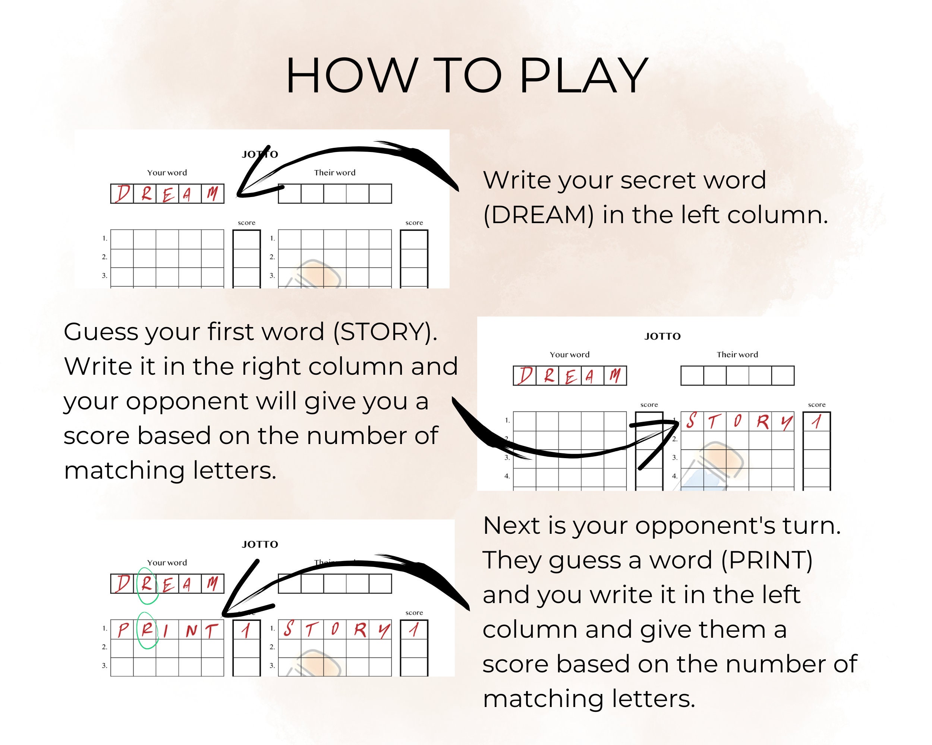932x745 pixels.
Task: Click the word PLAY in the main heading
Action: [x=583, y=76]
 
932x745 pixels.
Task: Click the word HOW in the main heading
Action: [x=351, y=76]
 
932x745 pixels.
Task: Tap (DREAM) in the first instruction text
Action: [x=538, y=215]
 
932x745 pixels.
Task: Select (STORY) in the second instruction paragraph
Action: [x=385, y=332]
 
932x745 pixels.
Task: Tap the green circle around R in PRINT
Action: [x=147, y=631]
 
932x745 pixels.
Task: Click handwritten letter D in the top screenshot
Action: [x=122, y=193]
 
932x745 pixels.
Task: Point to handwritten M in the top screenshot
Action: [x=212, y=193]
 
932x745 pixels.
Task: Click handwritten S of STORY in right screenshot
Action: [x=691, y=421]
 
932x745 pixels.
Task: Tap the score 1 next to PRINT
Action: [x=246, y=631]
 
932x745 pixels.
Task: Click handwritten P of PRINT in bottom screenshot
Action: [x=123, y=631]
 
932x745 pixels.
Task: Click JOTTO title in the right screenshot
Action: [x=662, y=336]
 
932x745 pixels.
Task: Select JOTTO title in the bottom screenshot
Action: [x=260, y=544]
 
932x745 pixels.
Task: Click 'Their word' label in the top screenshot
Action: [x=334, y=173]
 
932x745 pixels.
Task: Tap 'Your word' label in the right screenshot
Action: [x=569, y=355]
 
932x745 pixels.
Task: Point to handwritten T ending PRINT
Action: [x=211, y=631]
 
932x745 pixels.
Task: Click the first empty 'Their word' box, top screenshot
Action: [x=290, y=193]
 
